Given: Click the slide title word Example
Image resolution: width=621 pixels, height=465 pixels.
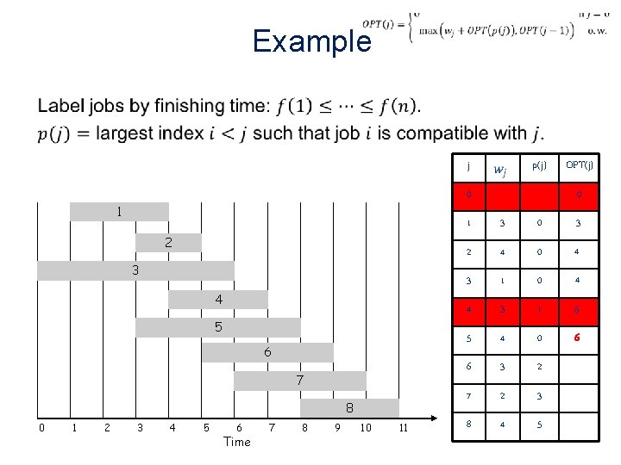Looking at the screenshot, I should click(x=311, y=41).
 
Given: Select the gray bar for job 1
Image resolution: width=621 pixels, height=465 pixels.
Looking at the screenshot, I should click(x=119, y=211).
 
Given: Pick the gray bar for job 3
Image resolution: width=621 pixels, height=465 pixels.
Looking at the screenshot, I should click(x=135, y=270).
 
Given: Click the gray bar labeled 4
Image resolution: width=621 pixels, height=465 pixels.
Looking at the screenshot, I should click(x=218, y=299).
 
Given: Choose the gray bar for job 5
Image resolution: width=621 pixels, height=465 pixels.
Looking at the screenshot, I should click(x=218, y=327).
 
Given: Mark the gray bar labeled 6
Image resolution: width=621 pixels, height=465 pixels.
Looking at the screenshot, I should click(x=267, y=352).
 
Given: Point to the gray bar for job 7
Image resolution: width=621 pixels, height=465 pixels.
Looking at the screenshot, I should click(x=300, y=380).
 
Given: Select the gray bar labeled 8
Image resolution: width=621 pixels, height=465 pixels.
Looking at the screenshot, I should click(x=349, y=407).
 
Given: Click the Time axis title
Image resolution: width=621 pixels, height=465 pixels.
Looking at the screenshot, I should click(x=236, y=442).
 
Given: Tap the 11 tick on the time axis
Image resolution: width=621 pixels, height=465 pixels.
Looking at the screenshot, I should click(x=402, y=428).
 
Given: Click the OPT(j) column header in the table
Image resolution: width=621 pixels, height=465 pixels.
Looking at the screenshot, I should click(x=579, y=165).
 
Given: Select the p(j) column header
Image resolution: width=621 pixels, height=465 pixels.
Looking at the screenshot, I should click(x=538, y=165).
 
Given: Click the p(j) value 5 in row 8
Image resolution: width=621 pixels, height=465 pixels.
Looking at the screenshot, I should click(x=538, y=425).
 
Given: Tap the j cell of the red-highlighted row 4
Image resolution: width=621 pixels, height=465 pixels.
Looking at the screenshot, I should click(x=468, y=310).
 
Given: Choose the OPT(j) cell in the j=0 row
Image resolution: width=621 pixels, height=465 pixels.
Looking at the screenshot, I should click(x=579, y=195).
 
